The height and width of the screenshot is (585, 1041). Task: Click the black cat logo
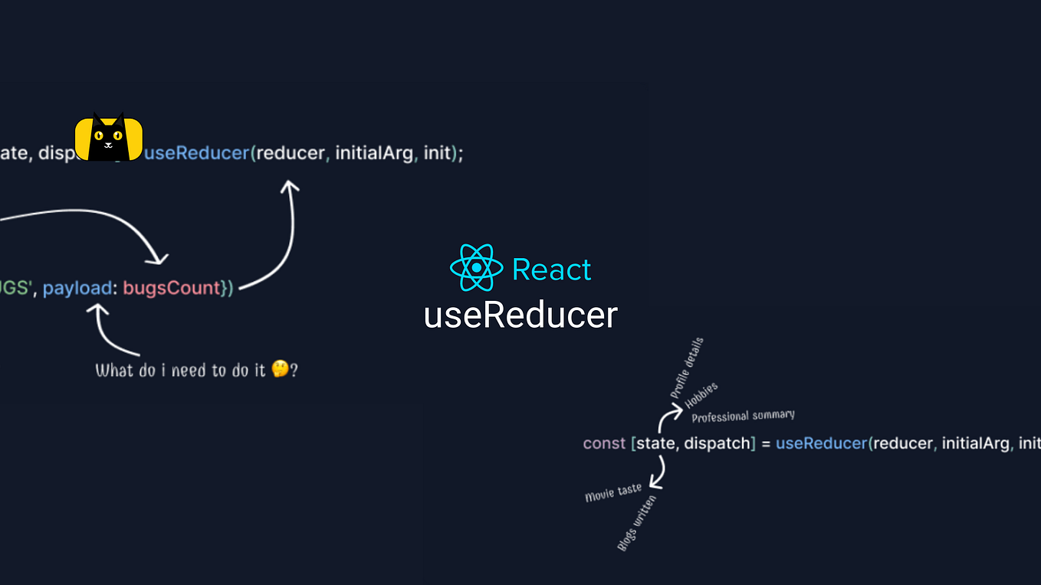pos(108,138)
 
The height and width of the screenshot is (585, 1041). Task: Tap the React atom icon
pos(476,268)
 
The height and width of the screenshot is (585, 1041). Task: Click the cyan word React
pos(551,270)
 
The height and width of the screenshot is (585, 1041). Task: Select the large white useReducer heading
pos(520,315)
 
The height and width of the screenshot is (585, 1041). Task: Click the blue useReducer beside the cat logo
pos(197,153)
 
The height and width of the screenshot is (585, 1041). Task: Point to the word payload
pos(77,289)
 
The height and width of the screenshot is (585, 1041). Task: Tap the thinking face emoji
pos(280,370)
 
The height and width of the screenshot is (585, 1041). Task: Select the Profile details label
pos(687,368)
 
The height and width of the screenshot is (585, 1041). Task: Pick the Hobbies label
pos(701,395)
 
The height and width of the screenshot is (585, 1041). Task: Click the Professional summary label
pos(743,416)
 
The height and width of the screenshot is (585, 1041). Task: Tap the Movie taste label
pos(613,492)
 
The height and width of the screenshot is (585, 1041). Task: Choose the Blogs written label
pos(636,523)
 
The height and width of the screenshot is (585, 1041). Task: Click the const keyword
pos(604,443)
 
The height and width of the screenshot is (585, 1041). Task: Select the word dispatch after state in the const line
pos(718,443)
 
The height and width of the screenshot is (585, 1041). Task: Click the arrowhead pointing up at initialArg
pos(289,186)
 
